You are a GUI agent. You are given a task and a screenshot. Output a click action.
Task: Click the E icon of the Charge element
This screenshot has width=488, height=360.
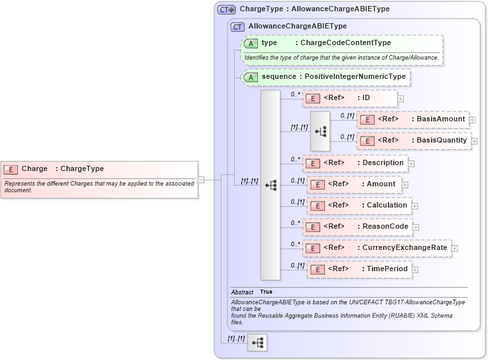pyautogui.click(x=11, y=169)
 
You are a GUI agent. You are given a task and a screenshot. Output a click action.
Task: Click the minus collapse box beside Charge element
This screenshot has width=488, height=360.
pyautogui.click(x=201, y=179)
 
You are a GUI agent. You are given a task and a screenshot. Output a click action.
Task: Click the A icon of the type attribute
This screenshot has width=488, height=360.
pyautogui.click(x=251, y=43)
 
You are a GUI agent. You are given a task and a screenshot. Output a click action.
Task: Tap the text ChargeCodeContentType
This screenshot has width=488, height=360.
pyautogui.click(x=345, y=43)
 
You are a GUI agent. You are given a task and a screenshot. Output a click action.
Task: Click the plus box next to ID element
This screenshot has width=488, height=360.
pyautogui.click(x=400, y=99)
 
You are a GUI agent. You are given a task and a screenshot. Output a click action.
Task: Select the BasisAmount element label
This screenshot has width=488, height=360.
pyautogui.click(x=440, y=119)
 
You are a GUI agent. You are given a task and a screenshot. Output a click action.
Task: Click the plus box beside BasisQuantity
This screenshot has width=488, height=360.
pyautogui.click(x=474, y=141)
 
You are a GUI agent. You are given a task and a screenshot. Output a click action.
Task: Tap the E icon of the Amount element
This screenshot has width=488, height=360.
pyautogui.click(x=318, y=184)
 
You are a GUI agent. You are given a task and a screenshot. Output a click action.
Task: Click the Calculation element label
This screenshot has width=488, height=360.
pyautogui.click(x=387, y=206)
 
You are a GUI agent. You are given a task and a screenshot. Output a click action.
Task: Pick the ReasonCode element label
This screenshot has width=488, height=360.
pyautogui.click(x=385, y=227)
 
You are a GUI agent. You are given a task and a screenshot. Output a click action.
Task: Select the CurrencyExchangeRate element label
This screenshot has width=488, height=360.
pyautogui.click(x=404, y=248)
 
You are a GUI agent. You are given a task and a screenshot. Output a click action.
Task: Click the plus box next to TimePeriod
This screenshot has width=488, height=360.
pyautogui.click(x=414, y=269)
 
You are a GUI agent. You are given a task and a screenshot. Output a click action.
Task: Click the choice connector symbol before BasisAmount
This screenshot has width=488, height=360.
pyautogui.click(x=321, y=131)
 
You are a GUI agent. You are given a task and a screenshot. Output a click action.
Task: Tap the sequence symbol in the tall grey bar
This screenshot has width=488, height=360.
pyautogui.click(x=271, y=185)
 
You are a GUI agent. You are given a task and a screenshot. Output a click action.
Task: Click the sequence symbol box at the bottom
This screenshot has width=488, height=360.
pyautogui.click(x=257, y=342)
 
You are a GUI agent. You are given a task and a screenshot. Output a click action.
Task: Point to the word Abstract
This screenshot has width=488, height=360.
pyautogui.click(x=242, y=292)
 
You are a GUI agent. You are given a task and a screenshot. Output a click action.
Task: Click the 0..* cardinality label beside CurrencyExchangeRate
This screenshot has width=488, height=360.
pyautogui.click(x=295, y=244)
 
